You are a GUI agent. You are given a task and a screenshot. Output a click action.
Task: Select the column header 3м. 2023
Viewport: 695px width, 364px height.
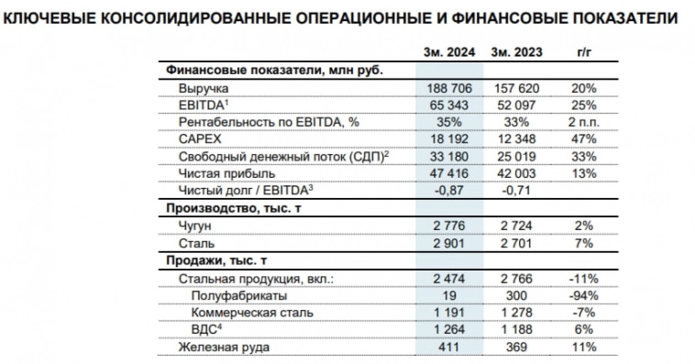pyautogui.click(x=516, y=52)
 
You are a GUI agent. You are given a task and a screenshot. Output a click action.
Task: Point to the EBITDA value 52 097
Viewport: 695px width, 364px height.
pyautogui.click(x=516, y=105)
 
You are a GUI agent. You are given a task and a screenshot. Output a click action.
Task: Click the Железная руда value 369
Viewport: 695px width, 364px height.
pyautogui.click(x=516, y=347)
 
